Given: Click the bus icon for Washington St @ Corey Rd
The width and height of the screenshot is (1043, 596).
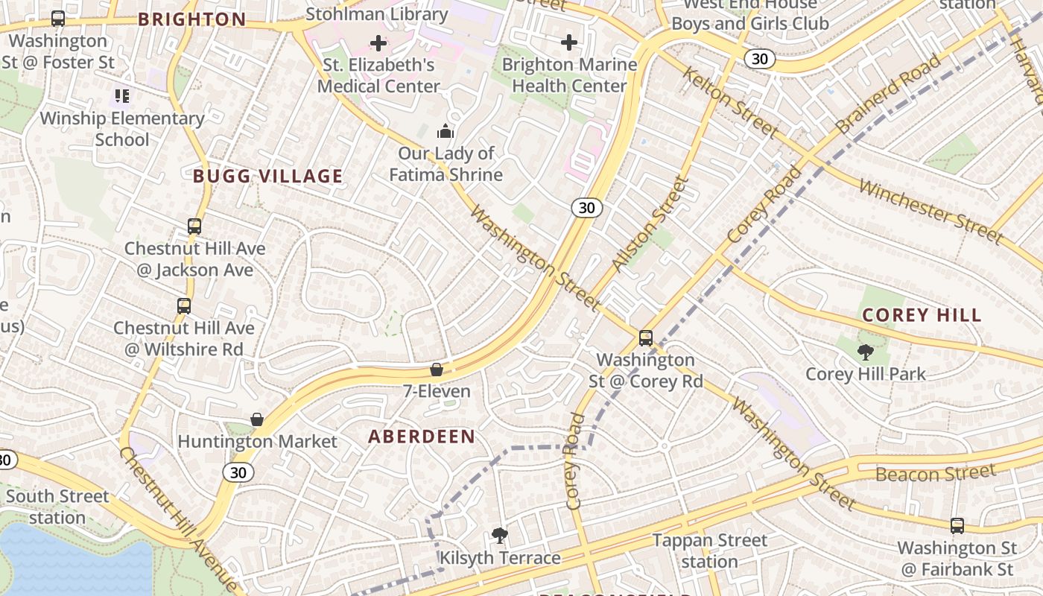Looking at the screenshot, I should click(646, 337).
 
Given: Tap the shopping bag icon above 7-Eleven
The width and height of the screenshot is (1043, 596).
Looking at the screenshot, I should click(437, 370).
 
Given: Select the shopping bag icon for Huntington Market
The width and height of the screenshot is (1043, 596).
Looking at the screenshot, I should click(257, 419).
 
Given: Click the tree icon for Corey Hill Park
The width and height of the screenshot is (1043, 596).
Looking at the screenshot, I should click(865, 352).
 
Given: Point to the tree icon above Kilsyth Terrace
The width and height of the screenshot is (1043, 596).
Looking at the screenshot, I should click(500, 535).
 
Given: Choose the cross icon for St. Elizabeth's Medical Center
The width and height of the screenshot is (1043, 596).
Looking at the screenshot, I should click(378, 43).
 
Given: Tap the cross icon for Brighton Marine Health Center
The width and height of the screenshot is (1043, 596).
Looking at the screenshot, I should click(569, 42).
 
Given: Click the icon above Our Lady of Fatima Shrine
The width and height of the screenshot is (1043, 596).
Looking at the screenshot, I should click(446, 131).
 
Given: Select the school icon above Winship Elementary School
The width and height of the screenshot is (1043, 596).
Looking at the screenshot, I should click(122, 95).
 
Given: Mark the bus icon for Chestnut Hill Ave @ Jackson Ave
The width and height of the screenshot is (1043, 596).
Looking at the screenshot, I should click(194, 226).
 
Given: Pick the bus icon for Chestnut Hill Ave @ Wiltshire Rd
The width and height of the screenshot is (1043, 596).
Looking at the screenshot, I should click(184, 305).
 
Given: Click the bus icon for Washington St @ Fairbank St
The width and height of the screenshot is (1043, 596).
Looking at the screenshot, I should click(957, 525).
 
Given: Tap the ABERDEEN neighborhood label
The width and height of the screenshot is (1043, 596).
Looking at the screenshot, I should click(422, 437).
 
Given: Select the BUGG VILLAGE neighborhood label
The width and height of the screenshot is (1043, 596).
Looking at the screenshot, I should click(268, 177).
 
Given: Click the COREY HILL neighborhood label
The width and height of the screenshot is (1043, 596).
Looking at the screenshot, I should click(922, 315).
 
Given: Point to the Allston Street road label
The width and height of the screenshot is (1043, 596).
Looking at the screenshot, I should click(648, 223).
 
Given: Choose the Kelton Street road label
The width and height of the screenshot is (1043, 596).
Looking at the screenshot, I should click(731, 101).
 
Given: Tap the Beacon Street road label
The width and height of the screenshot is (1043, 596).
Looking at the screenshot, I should click(935, 473).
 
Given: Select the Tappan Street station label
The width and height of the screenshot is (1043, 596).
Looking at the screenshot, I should click(709, 551).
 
